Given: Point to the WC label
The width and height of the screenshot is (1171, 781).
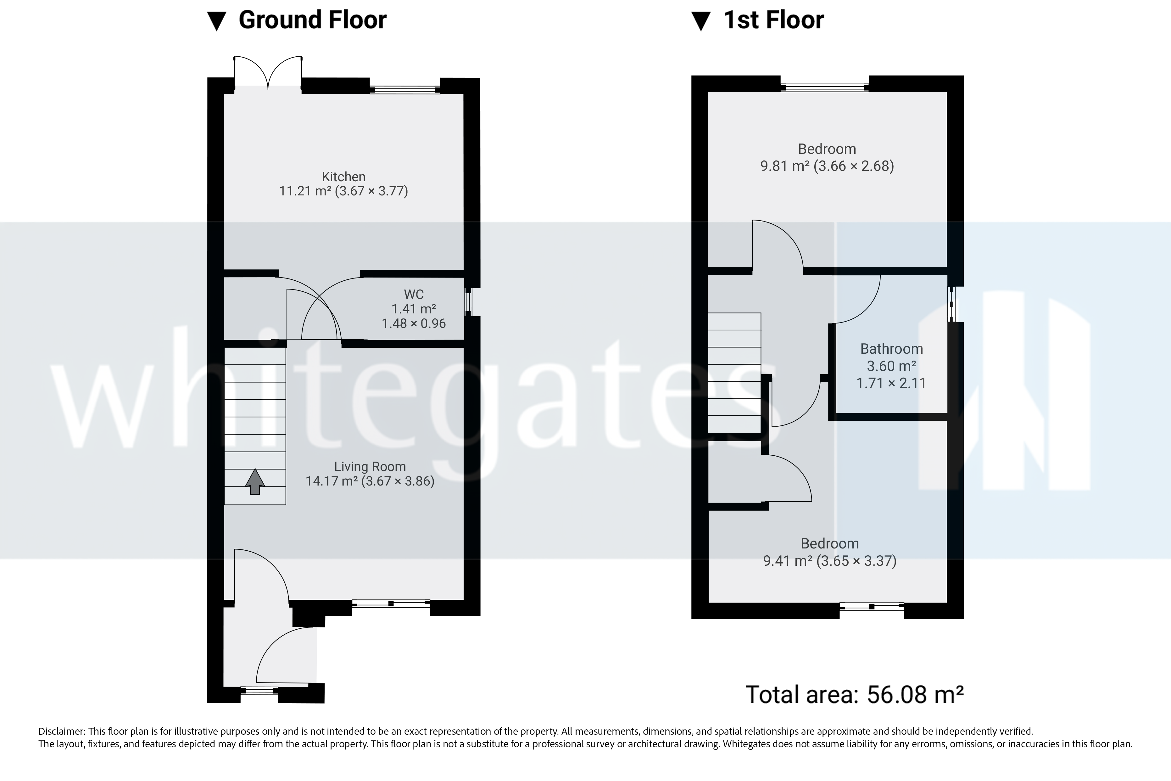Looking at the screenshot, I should (414, 294).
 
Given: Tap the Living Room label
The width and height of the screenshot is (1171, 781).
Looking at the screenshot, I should (370, 467).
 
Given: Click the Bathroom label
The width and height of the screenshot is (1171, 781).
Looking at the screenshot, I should (891, 349).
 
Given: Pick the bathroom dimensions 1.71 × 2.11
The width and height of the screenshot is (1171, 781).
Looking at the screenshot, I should (891, 383).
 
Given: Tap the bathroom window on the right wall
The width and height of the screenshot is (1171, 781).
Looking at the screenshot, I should (951, 304).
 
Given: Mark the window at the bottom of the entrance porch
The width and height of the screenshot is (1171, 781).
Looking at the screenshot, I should (259, 690).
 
